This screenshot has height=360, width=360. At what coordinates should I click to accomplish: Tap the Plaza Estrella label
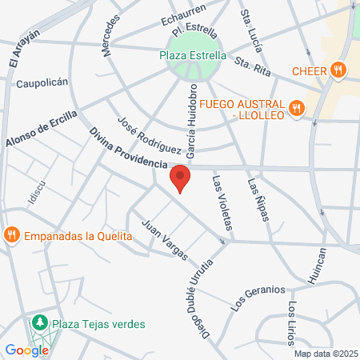click(190, 55)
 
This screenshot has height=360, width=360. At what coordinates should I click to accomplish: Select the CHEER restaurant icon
click(339, 70)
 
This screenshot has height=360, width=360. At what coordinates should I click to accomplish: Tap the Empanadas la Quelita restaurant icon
click(11, 235)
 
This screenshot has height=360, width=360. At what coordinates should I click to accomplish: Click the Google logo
click(26, 350)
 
